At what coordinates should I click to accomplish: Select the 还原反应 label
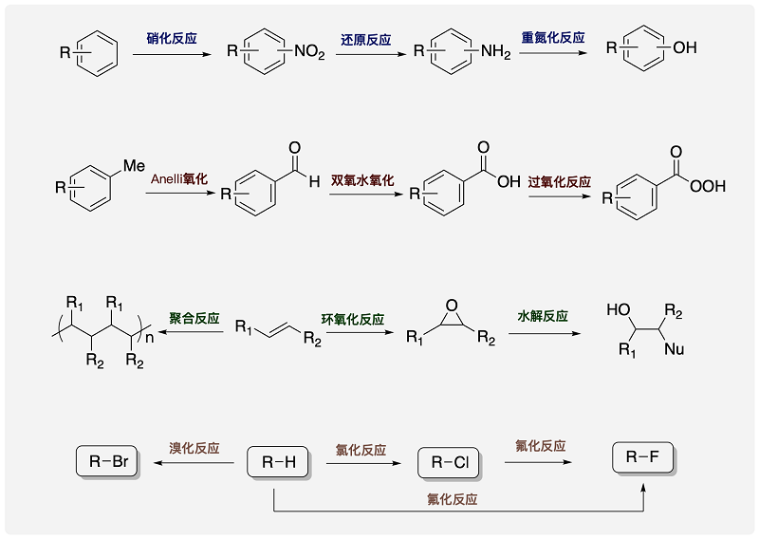click(366, 41)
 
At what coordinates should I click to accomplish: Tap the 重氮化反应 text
click(553, 38)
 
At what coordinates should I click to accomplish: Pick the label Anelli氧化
click(179, 178)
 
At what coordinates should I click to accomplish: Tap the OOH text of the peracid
click(708, 187)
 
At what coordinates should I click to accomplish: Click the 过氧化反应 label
click(560, 181)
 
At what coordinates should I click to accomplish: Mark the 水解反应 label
click(543, 315)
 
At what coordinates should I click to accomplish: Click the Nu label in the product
click(675, 349)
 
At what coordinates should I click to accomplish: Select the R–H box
click(278, 462)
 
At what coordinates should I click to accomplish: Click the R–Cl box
click(449, 463)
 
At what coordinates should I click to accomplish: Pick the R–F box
click(643, 457)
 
